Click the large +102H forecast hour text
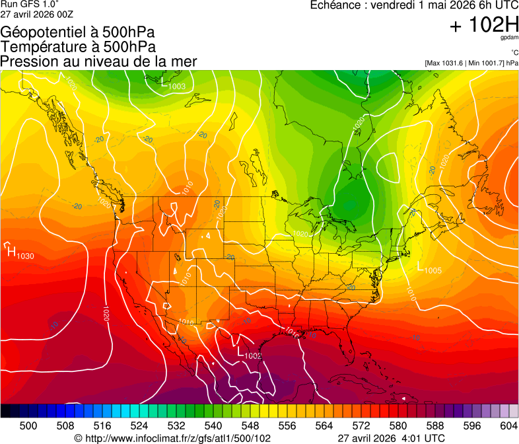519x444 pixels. click(x=483, y=25)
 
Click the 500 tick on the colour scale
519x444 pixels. click(x=28, y=425)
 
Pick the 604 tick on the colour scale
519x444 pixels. click(x=508, y=425)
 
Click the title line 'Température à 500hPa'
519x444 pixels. click(x=78, y=46)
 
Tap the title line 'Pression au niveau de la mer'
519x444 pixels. click(x=98, y=61)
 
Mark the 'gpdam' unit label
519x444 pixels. click(x=509, y=38)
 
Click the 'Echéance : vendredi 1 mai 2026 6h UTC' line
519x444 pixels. click(x=414, y=5)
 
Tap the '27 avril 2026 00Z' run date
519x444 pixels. click(x=37, y=14)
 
